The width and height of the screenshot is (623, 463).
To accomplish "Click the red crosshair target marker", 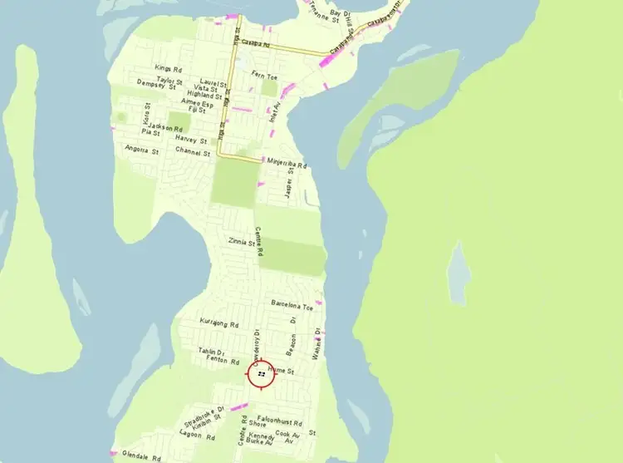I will click(x=262, y=375).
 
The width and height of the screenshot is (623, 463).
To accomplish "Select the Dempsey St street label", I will click(x=157, y=86).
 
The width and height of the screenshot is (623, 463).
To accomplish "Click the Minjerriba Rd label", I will click(x=287, y=165).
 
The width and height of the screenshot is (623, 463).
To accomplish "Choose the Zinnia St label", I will click(x=242, y=242).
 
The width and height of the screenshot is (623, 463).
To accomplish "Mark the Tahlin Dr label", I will click(x=212, y=352).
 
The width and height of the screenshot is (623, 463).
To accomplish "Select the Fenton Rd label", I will click(x=223, y=362).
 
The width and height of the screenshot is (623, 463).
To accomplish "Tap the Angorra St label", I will click(x=141, y=150).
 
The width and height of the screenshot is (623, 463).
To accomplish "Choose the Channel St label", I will click(x=193, y=151).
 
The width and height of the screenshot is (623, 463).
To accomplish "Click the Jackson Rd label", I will click(x=166, y=128).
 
